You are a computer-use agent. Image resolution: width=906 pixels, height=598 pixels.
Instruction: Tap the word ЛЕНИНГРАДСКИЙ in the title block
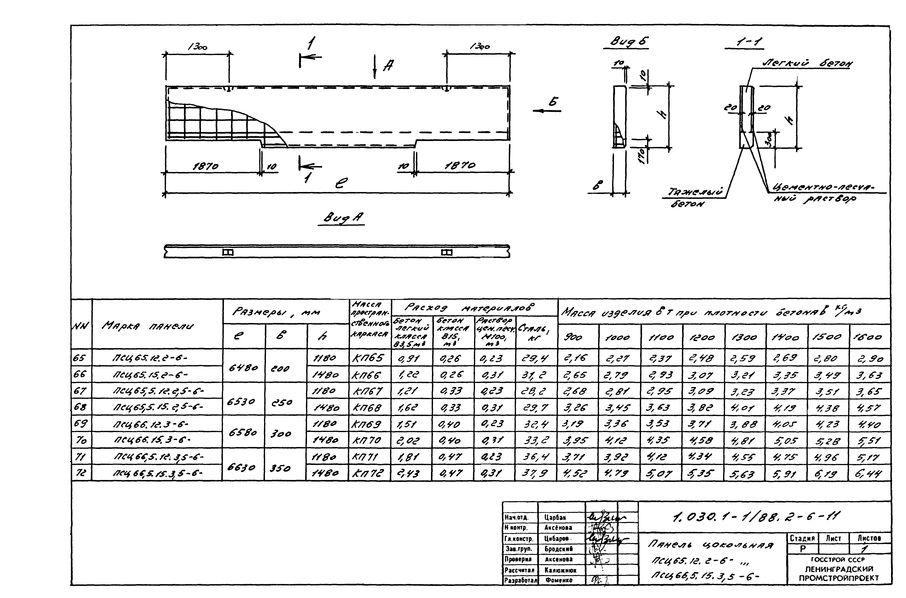(x=839, y=569)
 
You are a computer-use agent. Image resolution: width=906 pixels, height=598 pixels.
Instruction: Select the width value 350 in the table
(x=280, y=468)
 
